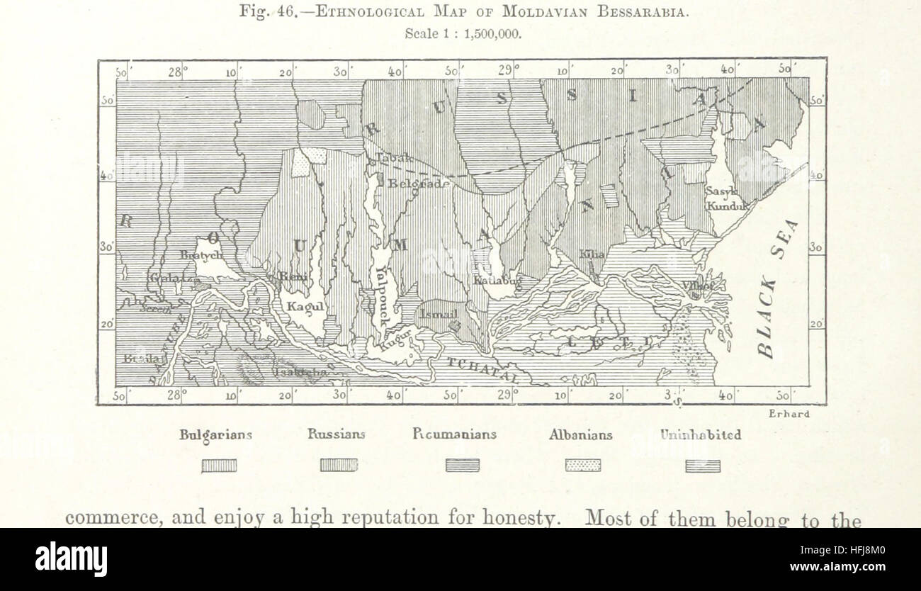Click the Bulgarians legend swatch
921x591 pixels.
click(x=219, y=466)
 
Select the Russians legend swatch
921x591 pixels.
click(x=339, y=466)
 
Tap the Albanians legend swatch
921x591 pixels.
click(x=582, y=466)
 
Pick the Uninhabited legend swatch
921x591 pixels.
click(x=702, y=466)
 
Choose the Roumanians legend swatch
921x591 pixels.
click(x=462, y=466)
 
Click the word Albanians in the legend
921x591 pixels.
click(x=580, y=435)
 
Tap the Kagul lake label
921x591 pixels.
click(x=305, y=307)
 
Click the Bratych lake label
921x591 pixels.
click(x=202, y=254)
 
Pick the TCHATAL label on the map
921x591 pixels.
click(x=486, y=370)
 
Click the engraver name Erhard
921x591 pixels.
click(x=789, y=415)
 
